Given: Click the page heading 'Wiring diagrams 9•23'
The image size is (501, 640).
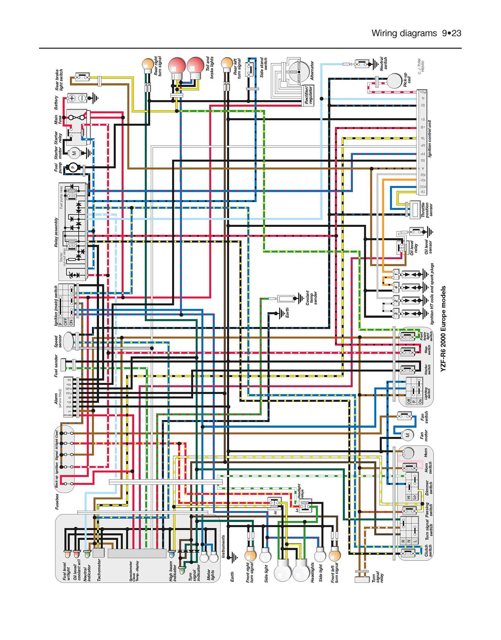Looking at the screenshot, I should coord(416,33).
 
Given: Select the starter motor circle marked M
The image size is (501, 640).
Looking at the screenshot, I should coord(74,153).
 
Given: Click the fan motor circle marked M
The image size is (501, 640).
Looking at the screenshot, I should coord(408,435).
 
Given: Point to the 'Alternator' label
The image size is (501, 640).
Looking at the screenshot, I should coord(312,71).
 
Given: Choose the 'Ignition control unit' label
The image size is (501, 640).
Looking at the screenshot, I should coord(430,139).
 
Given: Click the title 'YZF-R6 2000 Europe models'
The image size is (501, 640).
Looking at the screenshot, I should coord(443,329).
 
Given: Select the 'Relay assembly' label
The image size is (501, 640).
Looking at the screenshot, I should coord(56,232).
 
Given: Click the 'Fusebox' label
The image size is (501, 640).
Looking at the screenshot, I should coord(57,502).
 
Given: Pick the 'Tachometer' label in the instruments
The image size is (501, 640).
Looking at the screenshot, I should coord(99,570).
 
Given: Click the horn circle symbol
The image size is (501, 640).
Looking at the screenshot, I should coord(408,453).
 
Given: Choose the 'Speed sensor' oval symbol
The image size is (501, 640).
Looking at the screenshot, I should coord(68,342).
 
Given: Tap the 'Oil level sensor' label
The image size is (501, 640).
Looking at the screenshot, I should coord(428,247).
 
